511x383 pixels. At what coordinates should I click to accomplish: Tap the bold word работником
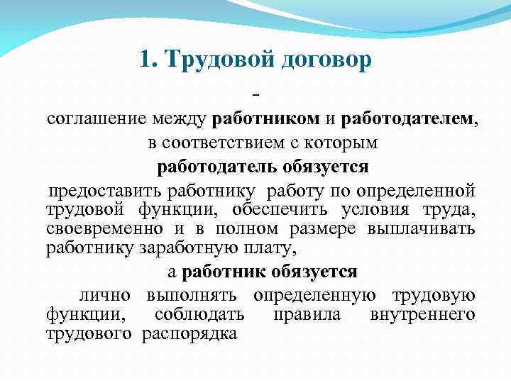pos(263,119)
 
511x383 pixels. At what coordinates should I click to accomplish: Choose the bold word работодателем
pos(410,119)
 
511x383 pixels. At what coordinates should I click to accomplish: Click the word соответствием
pos(224,143)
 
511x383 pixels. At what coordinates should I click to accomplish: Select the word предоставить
pos(105,191)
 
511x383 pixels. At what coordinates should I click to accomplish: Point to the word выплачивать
pos(422,229)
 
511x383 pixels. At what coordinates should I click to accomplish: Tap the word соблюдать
pos(197,314)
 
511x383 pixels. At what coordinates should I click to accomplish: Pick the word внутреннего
pos(422,314)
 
